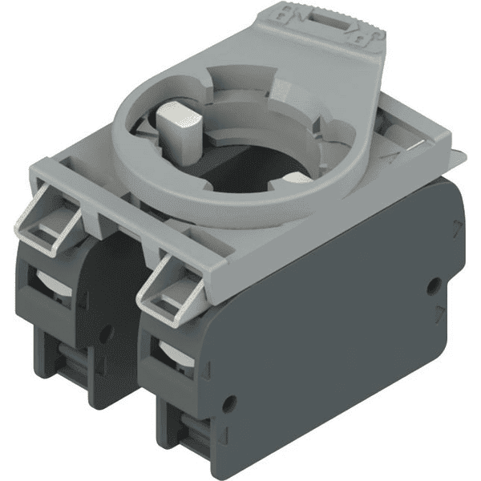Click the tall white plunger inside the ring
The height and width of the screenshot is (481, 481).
tap(184, 128)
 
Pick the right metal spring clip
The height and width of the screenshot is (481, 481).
tap(168, 289)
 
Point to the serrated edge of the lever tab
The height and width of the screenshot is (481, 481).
tap(357, 24)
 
